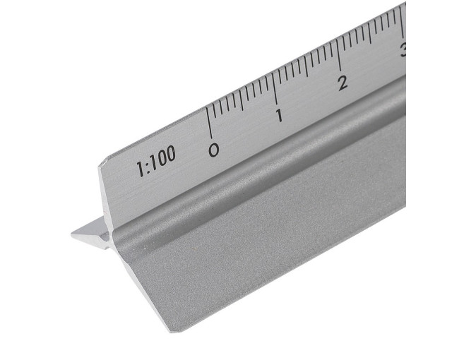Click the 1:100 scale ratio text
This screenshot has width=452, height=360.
(156, 161)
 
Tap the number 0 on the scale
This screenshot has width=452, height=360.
(213, 150)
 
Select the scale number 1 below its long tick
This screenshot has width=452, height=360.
(279, 116)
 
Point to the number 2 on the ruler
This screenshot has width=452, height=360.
(343, 83)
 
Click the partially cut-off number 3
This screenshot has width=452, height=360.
(403, 49)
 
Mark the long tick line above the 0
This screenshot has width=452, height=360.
(209, 122)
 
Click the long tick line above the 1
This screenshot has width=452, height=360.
(275, 88)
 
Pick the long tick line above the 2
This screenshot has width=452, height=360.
(338, 55)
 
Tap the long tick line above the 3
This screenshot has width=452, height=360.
(401, 23)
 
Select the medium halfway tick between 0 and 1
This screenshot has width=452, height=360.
(240, 100)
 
